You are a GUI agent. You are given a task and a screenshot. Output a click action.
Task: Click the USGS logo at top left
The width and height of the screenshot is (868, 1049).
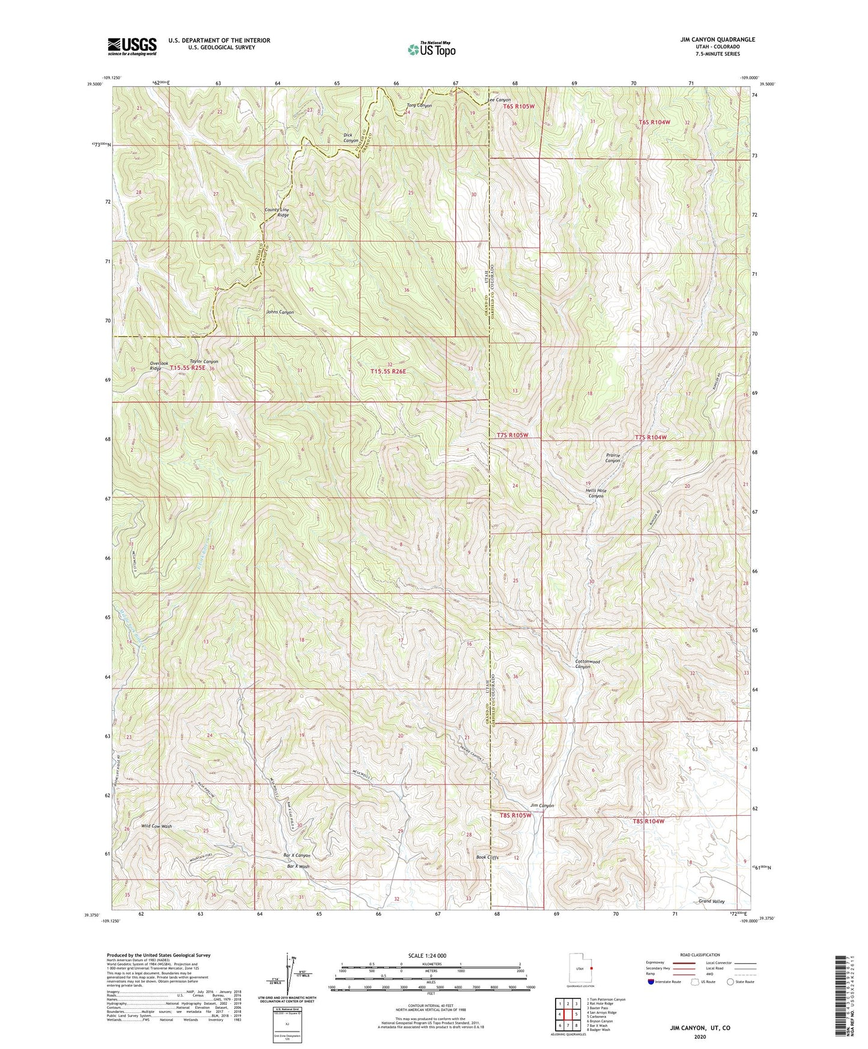coord(132,46)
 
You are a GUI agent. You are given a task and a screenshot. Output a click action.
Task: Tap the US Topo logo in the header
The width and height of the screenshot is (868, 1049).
coord(431,49)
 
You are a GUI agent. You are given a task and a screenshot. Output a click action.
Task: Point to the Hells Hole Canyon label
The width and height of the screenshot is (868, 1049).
coord(595,493)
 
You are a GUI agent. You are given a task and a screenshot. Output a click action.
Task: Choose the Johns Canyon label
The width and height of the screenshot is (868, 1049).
coord(280,312)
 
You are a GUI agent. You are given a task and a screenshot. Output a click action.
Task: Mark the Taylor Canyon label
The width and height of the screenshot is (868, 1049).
coord(204,362)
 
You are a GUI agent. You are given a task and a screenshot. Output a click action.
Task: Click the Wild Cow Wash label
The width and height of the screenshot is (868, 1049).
coord(156,826)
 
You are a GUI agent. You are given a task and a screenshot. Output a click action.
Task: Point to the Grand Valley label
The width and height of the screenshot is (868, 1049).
coord(711,901)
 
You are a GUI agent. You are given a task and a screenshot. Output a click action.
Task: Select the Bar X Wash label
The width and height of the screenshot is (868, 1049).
coord(299,866)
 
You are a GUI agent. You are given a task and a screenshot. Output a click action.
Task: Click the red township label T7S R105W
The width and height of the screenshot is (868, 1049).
coord(512,435)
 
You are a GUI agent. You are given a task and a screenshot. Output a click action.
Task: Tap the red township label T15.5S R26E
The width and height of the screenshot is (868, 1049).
coord(388,372)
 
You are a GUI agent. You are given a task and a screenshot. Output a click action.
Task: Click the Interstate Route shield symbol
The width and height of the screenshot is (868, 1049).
coord(653,981)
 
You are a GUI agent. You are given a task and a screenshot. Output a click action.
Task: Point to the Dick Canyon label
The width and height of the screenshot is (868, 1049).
coord(351,138)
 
